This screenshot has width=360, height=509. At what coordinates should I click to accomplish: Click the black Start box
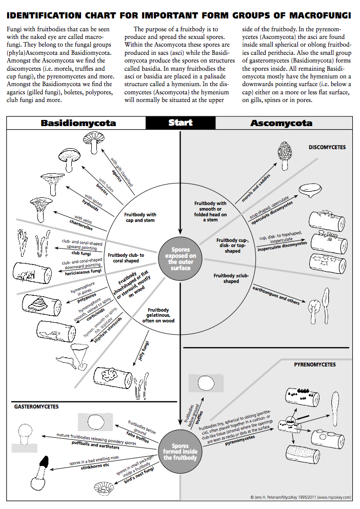[180, 123]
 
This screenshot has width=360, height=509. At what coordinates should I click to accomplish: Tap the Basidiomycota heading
[78, 123]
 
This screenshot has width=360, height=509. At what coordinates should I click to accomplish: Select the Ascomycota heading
[281, 123]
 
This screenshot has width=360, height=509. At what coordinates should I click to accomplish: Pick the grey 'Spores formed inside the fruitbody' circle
[180, 451]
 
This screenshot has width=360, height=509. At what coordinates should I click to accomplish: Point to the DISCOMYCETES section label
[327, 148]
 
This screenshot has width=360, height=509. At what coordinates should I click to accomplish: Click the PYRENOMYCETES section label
[315, 364]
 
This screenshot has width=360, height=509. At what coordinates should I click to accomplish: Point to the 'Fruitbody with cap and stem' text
[141, 217]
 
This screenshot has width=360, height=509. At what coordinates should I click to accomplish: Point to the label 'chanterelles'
[81, 224]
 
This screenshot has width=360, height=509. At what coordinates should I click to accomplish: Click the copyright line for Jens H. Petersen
[300, 497]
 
